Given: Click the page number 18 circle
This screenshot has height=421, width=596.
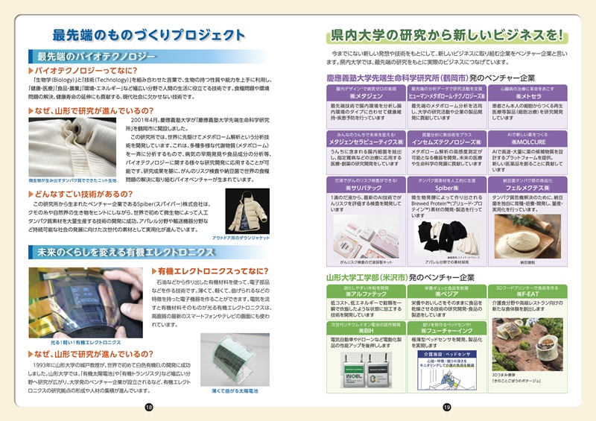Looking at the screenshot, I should (x=149, y=406).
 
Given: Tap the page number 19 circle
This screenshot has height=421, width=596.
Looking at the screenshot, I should (x=447, y=406).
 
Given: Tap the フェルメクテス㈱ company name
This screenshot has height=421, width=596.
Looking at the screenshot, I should (x=529, y=190).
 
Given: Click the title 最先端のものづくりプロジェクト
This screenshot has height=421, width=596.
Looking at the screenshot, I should (x=149, y=34).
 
